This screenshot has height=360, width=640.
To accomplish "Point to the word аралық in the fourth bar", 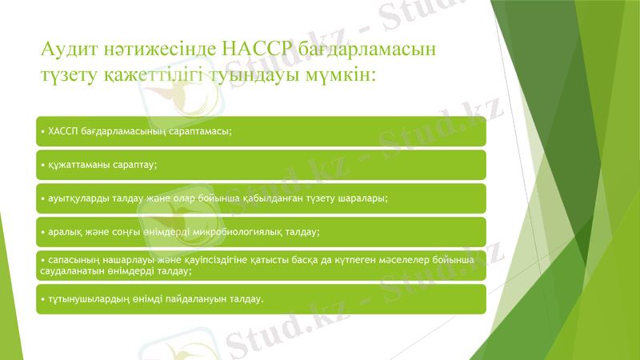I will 66,231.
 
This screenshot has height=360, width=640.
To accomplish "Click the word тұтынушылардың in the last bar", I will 87,299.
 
